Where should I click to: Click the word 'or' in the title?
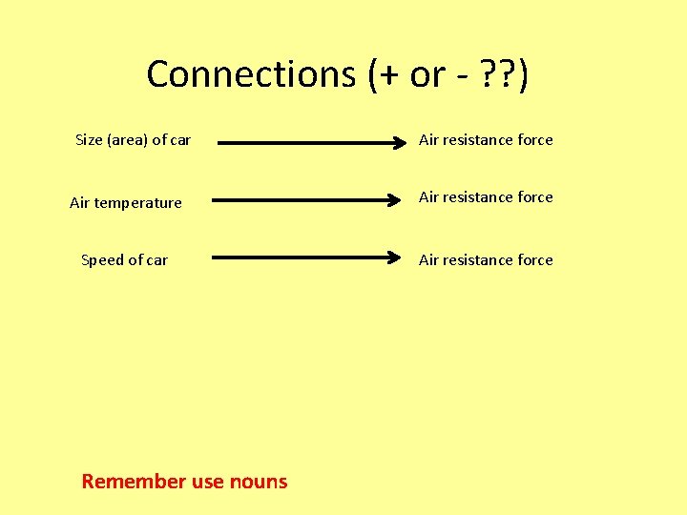427,74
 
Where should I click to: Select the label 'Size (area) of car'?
133,140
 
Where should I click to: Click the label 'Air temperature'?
125,202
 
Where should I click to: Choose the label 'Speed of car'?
124,260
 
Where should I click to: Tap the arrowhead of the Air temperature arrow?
394,200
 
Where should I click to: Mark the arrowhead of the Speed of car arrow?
394,257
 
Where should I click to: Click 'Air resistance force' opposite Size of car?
486,140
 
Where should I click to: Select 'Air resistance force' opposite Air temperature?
486,197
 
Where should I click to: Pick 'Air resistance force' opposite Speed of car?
486,260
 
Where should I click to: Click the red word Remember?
134,482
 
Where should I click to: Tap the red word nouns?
258,482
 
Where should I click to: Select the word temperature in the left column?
137,203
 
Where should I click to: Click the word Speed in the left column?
102,260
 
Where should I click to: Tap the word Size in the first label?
89,140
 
